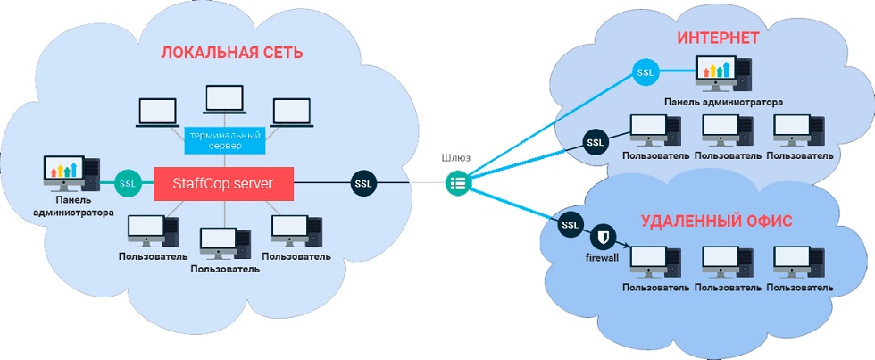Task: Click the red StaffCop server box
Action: [224, 183]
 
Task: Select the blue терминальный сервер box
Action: [224, 139]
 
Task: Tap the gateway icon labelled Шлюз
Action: [457, 184]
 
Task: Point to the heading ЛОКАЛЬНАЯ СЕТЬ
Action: [232, 53]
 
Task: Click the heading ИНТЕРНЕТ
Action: [718, 38]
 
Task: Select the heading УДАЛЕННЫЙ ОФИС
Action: [716, 222]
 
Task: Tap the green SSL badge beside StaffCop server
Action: [127, 183]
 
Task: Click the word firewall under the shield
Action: [603, 259]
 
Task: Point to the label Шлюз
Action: [456, 158]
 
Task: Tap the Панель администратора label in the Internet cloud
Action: [723, 102]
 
